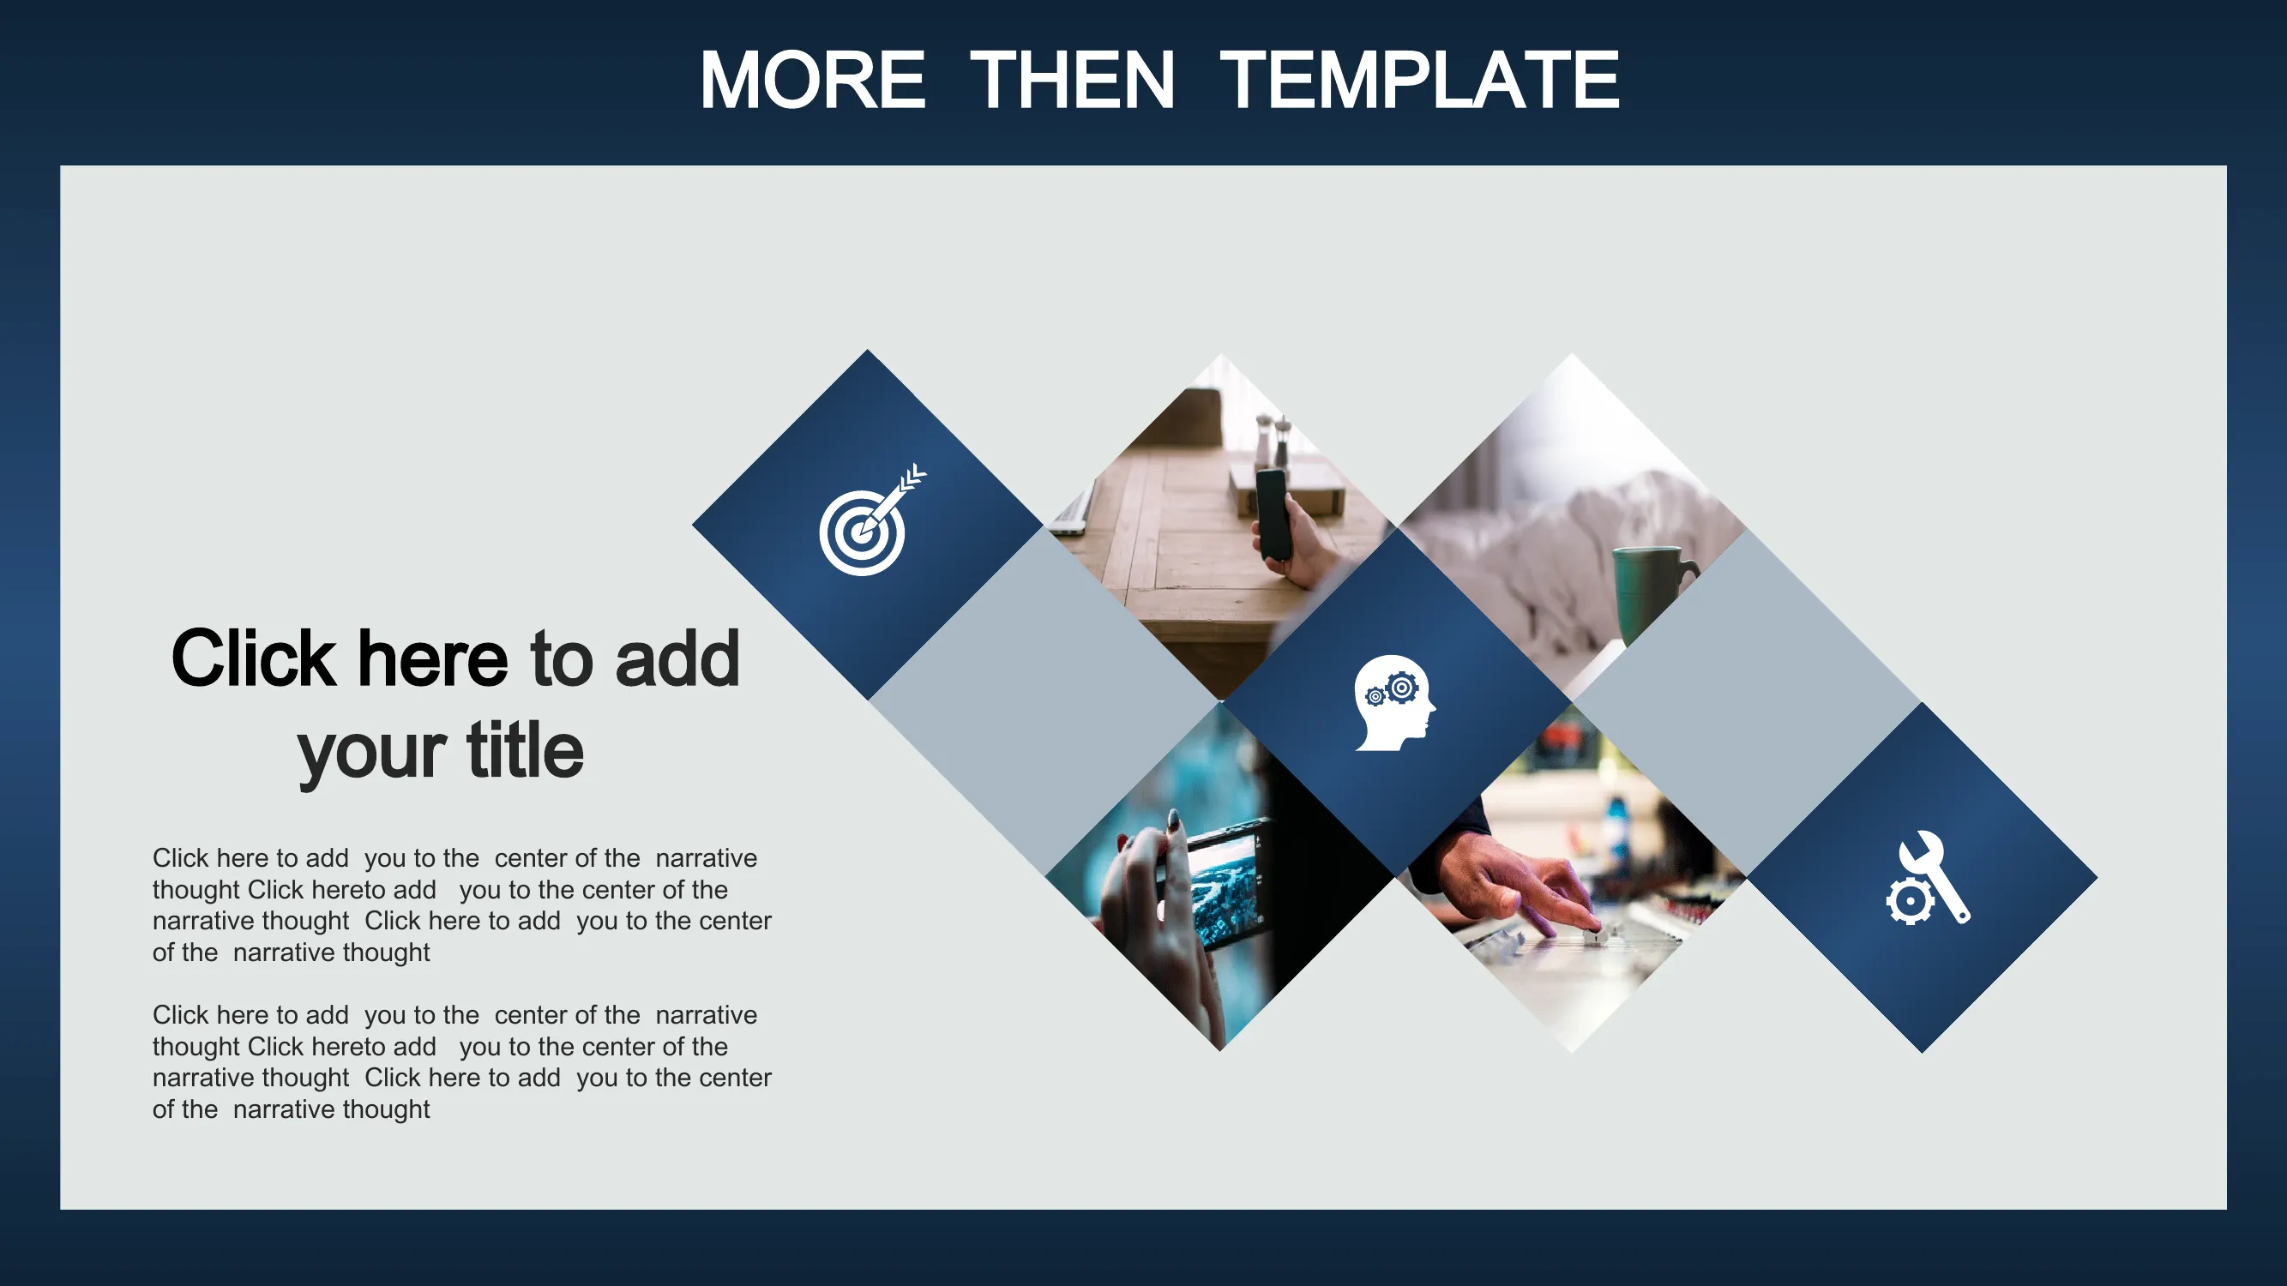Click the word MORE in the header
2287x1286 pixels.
pos(812,80)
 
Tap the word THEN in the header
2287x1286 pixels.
pos(1073,80)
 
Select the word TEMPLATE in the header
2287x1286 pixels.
pos(1419,80)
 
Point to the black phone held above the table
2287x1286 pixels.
pos(1273,514)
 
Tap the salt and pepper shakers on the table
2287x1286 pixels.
pos(1273,440)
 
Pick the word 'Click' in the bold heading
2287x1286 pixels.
pos(254,658)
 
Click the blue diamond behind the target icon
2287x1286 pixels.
pos(868,525)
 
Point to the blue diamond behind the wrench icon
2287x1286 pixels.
pos(1922,878)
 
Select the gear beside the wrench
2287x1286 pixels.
pos(1910,902)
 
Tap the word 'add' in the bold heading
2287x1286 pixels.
pos(677,658)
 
